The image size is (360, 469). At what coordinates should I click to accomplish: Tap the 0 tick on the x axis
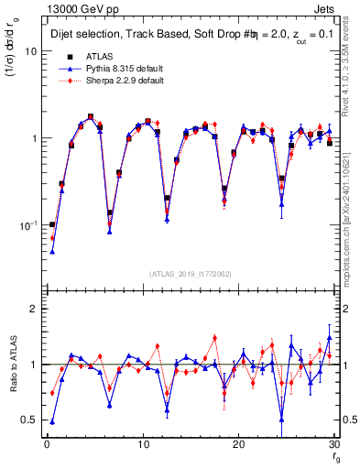pyautogui.click(x=47, y=445)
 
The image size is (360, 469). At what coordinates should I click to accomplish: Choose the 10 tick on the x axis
pyautogui.click(x=143, y=445)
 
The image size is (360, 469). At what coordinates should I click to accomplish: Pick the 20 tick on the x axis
pyautogui.click(x=239, y=445)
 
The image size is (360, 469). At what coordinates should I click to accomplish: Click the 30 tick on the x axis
pyautogui.click(x=334, y=445)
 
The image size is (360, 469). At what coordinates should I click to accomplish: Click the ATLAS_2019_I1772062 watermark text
pyautogui.click(x=190, y=274)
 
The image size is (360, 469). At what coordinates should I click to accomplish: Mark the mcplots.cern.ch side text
pyautogui.click(x=353, y=220)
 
